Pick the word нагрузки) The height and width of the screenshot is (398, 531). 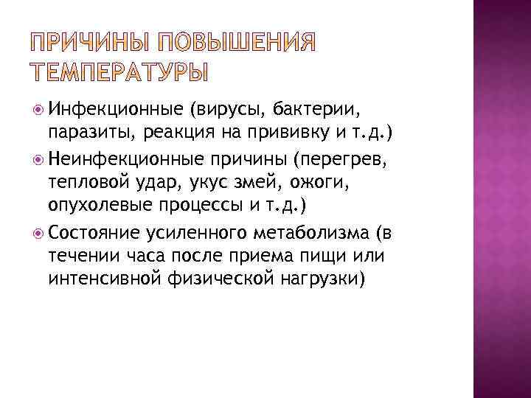click(321, 279)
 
